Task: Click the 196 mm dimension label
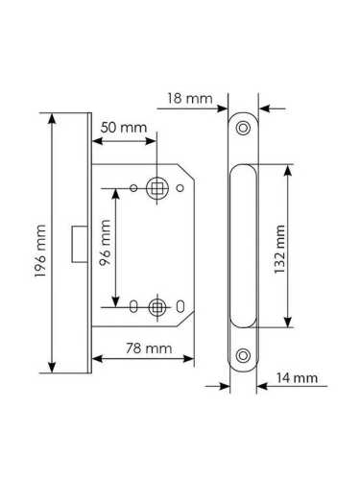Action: (40, 251)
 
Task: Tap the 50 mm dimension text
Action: (124, 128)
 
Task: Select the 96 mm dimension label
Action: (105, 243)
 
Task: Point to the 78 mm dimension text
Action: (149, 348)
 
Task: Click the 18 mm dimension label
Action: (190, 99)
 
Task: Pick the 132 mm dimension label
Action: (279, 249)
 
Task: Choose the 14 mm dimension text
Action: (298, 378)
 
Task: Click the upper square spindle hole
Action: (156, 188)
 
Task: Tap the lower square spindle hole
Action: (157, 307)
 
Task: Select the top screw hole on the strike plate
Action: (243, 128)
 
